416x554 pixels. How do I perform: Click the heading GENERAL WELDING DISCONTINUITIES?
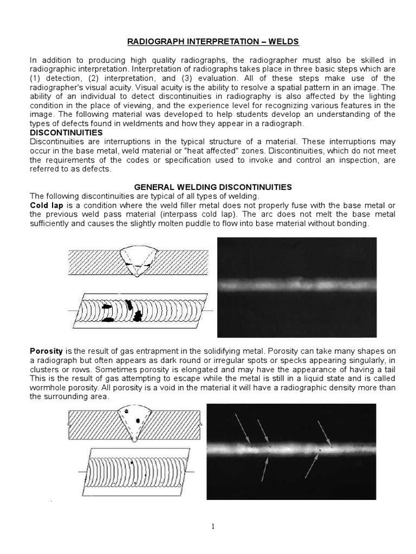[x=207, y=187]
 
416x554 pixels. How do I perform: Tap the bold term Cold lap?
[x=47, y=205]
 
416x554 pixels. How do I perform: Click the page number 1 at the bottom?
[x=208, y=526]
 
